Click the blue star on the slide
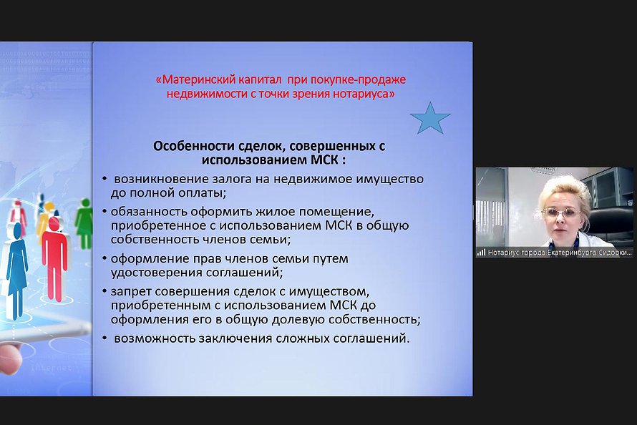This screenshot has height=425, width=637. point(430,119)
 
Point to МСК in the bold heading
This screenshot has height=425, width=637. point(325,160)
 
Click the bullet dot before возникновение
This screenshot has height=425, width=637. point(104,179)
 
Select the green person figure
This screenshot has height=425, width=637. point(84,224)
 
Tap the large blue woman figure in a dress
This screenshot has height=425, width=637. point(16,270)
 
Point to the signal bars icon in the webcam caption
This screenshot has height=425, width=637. point(482,253)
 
